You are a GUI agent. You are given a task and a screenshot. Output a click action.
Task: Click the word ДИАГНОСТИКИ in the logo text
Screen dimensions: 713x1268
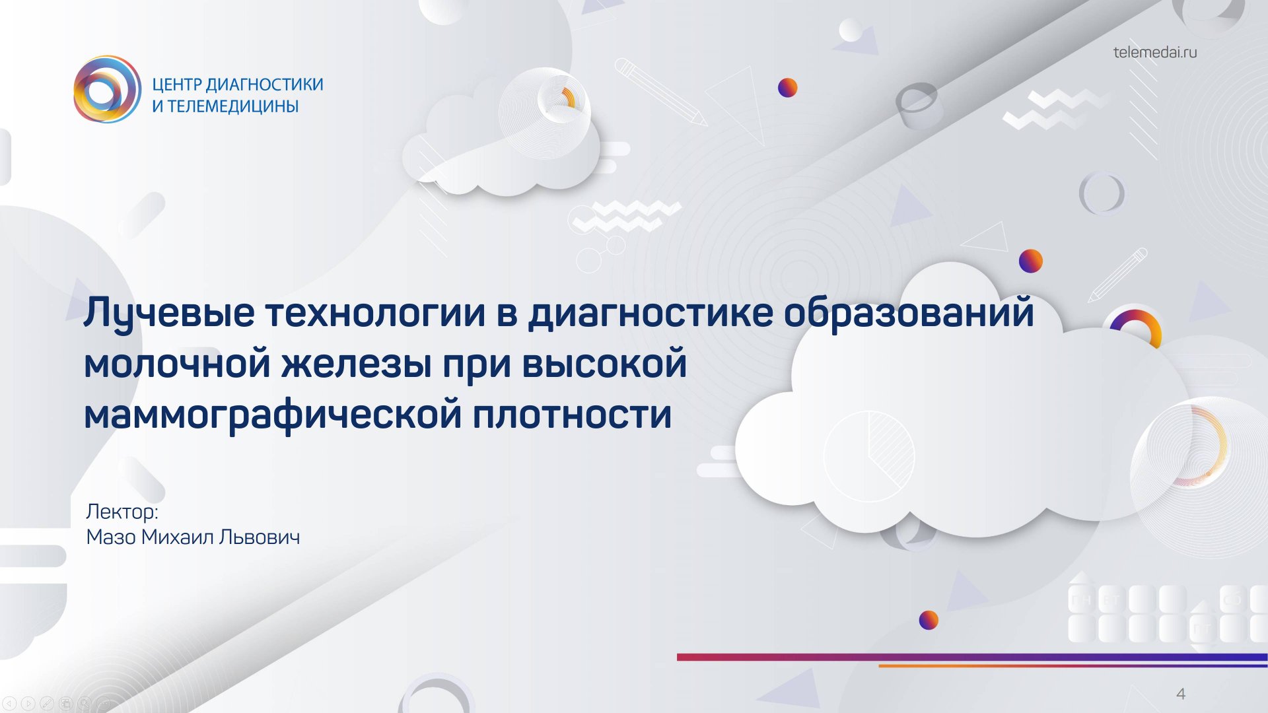coord(264,85)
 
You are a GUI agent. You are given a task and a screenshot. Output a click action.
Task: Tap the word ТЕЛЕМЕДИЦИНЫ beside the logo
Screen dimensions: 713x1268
coord(232,106)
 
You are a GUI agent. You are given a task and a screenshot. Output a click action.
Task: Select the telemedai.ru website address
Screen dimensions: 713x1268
coord(1154,52)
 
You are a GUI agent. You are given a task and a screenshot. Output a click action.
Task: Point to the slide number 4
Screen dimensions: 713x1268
coord(1181,694)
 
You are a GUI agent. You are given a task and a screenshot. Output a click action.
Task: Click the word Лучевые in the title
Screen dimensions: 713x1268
coord(169,313)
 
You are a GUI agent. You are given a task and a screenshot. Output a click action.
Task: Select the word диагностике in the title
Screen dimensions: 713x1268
coord(650,313)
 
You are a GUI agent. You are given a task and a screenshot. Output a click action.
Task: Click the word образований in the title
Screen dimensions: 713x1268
coord(909,313)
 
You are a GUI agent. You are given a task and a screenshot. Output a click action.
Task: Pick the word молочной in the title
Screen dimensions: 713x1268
coord(177,364)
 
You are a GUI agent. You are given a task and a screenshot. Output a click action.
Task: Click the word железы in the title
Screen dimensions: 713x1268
coord(357,364)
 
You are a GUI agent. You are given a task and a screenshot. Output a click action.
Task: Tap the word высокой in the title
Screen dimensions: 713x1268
coord(604,364)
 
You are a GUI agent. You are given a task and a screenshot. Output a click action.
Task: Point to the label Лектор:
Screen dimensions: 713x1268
coord(122,512)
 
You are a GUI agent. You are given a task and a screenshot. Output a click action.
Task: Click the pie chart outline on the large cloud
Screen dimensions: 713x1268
coord(868,455)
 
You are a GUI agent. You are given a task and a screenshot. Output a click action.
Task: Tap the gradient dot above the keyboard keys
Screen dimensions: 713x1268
coord(929,620)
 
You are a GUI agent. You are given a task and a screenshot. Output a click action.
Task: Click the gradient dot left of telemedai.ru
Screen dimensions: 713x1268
coord(787,87)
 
